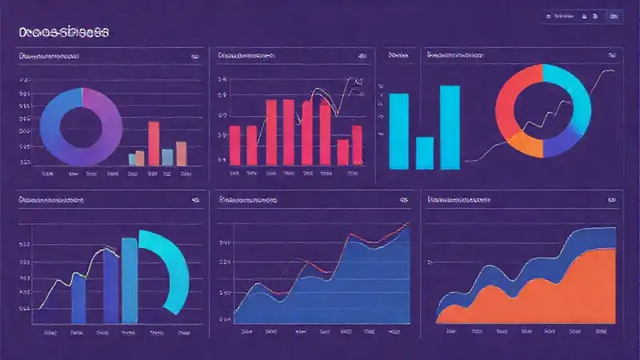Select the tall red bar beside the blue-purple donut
pos(154,142)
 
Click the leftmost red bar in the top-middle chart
pos(234,144)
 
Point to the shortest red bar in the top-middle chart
pos(343,150)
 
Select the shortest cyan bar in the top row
pos(424,153)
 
